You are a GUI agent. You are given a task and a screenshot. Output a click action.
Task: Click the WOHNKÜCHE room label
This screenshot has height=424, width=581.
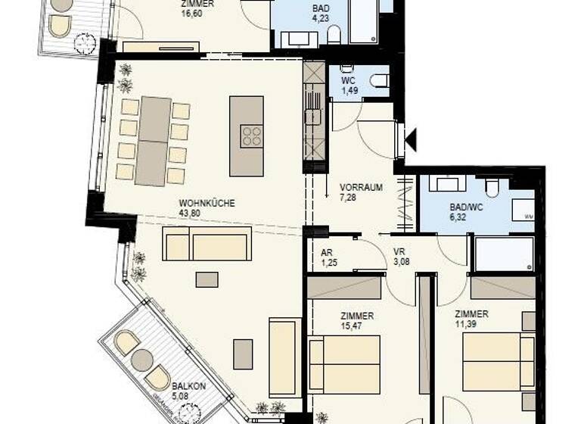[207, 203]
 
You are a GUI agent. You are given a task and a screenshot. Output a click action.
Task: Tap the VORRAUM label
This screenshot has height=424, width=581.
[360, 186]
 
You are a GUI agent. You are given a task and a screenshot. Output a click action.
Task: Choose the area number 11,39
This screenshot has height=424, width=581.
[471, 325]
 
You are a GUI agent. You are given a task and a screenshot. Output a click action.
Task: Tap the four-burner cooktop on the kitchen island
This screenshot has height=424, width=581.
[252, 137]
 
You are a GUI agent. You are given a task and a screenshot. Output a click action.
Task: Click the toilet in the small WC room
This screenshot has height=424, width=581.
[377, 79]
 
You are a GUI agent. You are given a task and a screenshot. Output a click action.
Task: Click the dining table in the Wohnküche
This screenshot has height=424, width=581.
[154, 141]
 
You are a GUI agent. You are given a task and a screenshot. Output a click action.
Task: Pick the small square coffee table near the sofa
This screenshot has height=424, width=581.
[207, 279]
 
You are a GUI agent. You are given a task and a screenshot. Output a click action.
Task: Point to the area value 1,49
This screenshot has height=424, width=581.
[349, 91]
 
